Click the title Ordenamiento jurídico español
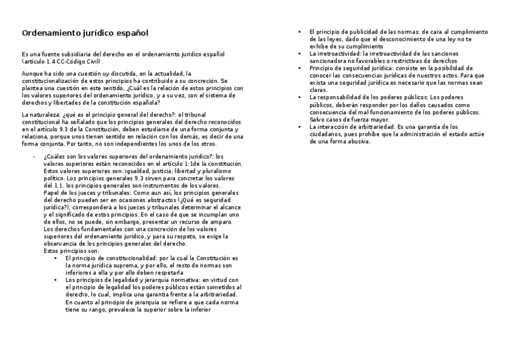[85, 32]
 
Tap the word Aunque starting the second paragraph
[32, 73]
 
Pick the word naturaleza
[44, 114]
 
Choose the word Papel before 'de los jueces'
[52, 193]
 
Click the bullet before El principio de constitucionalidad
[55, 258]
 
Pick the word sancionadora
[328, 61]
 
